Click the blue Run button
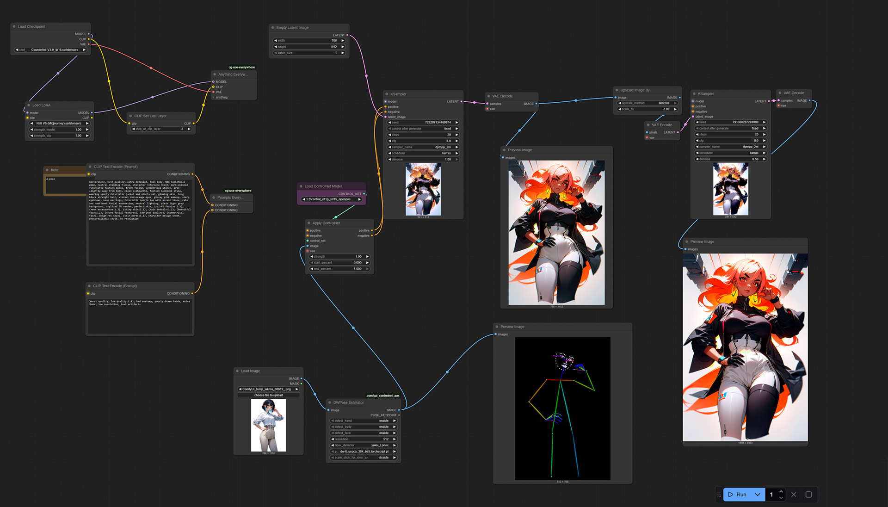coord(738,495)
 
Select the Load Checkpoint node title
coord(31,27)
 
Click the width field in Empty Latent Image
coord(309,41)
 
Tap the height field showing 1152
coord(309,47)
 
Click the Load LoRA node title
coord(41,105)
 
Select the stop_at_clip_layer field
coord(161,129)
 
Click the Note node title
coord(55,170)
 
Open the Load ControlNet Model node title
coord(323,186)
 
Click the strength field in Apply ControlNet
coord(339,257)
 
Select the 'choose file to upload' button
coord(268,396)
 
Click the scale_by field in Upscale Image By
coord(647,109)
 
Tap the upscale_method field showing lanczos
coord(647,103)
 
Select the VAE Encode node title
coord(662,125)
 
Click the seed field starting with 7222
coord(423,123)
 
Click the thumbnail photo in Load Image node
coord(268,425)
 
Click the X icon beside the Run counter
coord(794,495)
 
